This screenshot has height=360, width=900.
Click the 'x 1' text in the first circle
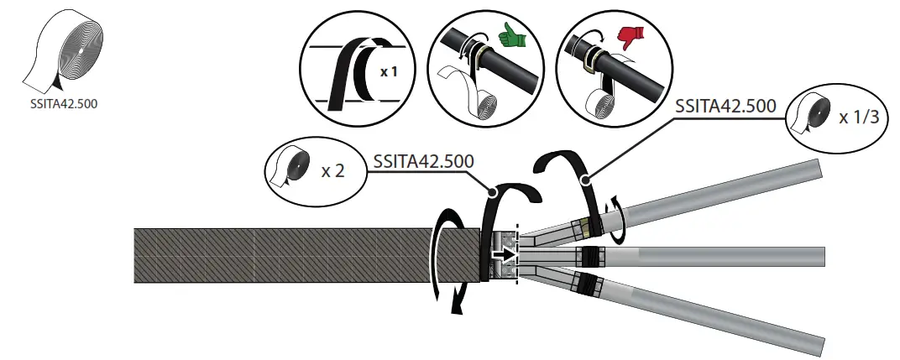(388, 72)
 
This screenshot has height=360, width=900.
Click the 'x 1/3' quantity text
(859, 117)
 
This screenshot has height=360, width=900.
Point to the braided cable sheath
(302, 255)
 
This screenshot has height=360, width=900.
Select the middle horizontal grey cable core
(722, 256)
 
